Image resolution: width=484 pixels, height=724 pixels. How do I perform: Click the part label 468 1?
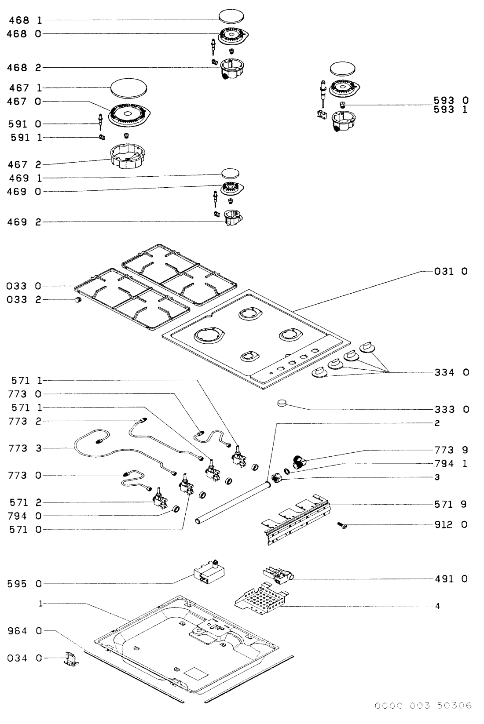(25, 20)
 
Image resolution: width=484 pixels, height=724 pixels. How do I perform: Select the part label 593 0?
(451, 101)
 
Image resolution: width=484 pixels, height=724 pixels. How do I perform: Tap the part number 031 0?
(451, 271)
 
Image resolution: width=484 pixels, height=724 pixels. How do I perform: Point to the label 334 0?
(451, 372)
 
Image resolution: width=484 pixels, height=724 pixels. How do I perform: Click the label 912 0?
(451, 524)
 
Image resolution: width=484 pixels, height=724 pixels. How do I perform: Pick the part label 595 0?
(25, 584)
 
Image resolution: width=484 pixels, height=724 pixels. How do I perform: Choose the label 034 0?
(25, 658)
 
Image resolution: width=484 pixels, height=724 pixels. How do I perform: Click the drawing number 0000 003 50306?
(423, 705)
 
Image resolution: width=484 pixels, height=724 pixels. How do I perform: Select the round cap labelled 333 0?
(282, 403)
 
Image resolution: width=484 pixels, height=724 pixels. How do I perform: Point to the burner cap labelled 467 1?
(129, 88)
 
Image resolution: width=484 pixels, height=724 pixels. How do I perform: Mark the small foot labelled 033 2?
(77, 300)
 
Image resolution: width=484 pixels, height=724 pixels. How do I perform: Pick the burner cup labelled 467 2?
(128, 157)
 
